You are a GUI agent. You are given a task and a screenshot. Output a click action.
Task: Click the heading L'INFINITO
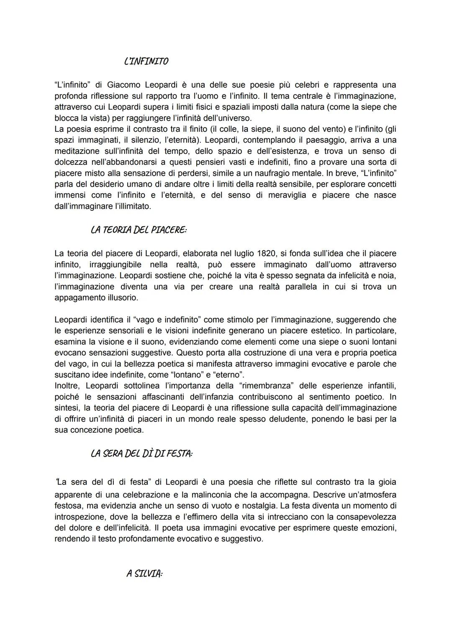[x=146, y=61]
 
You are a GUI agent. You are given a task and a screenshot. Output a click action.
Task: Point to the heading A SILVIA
[x=144, y=574]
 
